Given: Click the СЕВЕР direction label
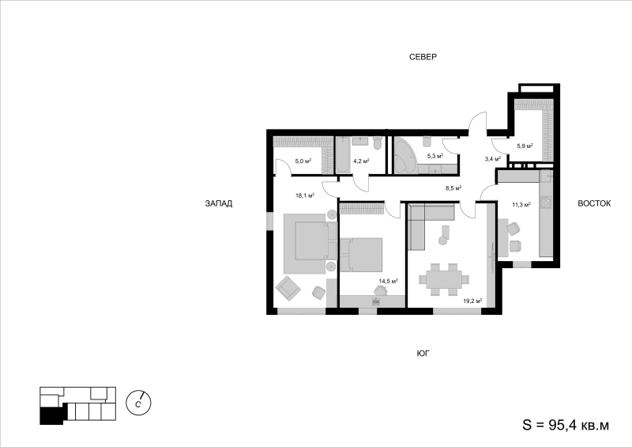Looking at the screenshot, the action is click(x=423, y=57).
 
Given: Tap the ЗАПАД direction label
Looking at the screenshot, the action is click(x=219, y=203).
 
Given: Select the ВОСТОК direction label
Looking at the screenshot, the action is click(x=594, y=203).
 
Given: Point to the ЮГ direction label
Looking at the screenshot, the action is click(x=423, y=354).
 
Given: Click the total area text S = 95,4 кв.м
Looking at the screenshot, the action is click(x=566, y=425).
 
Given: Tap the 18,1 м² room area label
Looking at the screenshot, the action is click(x=305, y=195).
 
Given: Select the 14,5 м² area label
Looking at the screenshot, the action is click(x=388, y=281).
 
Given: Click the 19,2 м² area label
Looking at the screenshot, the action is click(x=472, y=301).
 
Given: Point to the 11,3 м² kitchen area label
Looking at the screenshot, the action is click(x=521, y=205).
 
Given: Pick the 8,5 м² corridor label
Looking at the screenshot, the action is click(x=453, y=188).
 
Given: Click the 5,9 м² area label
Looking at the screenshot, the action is click(x=525, y=146).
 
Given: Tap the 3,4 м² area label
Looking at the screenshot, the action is click(x=492, y=159).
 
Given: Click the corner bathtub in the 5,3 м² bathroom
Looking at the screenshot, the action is click(x=404, y=155).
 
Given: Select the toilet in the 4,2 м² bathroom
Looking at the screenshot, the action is click(x=378, y=143).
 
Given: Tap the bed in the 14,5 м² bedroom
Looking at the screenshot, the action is click(x=361, y=255).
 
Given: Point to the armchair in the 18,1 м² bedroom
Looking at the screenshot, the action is click(x=288, y=288).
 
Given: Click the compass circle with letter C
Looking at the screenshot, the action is click(x=138, y=403).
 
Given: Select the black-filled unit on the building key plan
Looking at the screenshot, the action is click(x=51, y=416).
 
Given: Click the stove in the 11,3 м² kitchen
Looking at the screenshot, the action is click(x=546, y=202).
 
